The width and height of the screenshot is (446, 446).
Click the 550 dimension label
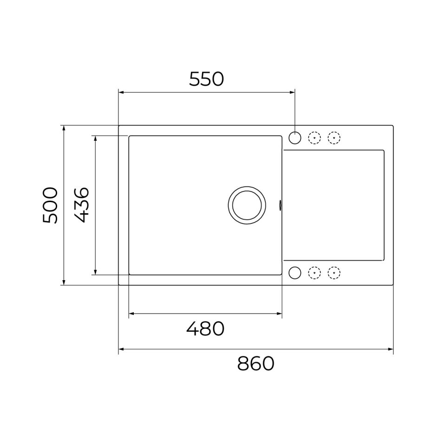click(206, 79)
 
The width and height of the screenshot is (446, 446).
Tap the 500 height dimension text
click(50, 205)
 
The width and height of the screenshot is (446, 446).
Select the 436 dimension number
click(82, 205)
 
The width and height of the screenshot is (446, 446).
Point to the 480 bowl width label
click(205, 328)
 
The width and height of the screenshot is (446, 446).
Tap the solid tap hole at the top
click(295, 138)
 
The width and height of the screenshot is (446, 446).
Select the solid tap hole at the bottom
click(295, 273)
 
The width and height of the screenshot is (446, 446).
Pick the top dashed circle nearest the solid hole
click(315, 138)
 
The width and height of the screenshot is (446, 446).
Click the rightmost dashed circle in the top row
click(334, 138)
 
